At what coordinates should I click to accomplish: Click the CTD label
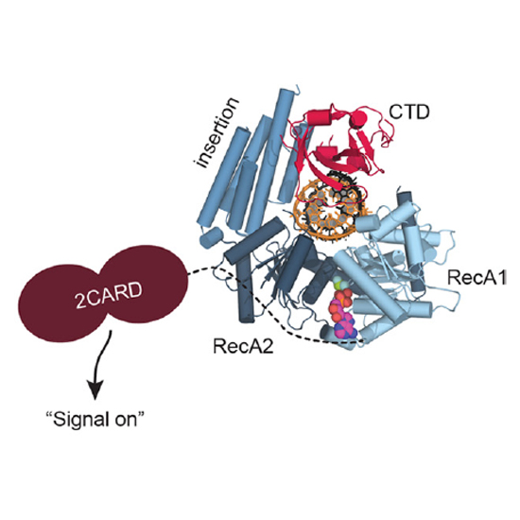409,113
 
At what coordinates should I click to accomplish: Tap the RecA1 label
477,277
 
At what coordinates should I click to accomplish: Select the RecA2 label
243,346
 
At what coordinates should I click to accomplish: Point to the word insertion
217,133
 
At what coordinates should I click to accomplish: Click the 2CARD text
109,295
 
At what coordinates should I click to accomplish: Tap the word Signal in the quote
78,421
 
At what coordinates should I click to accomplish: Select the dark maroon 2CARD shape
103,293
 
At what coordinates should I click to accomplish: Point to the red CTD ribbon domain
339,143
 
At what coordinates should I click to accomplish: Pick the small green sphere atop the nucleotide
337,285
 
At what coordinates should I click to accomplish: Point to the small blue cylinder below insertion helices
211,237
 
